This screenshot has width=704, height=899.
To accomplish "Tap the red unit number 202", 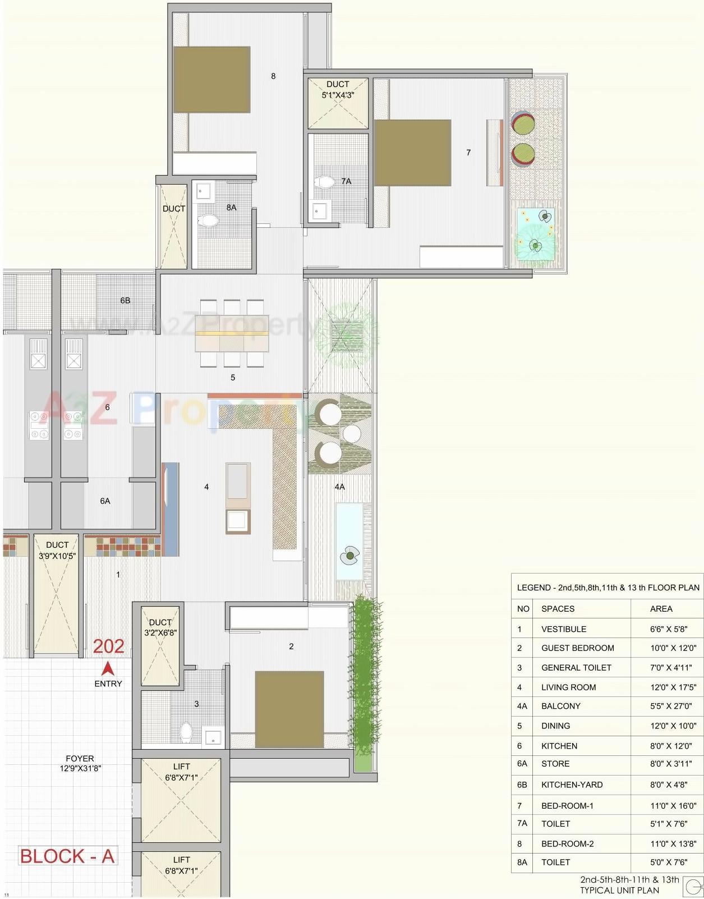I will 108,646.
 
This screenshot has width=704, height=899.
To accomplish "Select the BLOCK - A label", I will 67,856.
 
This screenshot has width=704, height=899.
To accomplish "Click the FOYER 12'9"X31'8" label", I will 80,763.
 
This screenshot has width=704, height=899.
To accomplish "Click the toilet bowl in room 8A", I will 209,220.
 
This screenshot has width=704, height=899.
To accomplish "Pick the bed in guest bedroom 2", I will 289,709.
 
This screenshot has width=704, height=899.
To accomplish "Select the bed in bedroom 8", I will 211,80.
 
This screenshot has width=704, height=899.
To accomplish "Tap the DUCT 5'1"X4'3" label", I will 338,90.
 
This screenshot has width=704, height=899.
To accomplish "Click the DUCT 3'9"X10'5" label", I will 57,551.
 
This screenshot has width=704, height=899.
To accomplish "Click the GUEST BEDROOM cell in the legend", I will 577,648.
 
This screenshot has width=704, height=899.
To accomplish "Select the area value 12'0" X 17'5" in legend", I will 673,687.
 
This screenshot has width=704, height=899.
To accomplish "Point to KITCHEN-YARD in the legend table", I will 572,785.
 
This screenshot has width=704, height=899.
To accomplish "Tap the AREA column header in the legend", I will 661,609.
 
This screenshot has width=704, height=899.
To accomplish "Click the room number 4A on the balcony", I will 339,487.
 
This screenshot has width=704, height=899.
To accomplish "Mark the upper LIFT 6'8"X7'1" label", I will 181,772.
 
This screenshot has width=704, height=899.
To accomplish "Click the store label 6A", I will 105,501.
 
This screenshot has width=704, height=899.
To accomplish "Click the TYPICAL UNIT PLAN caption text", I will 619,890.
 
